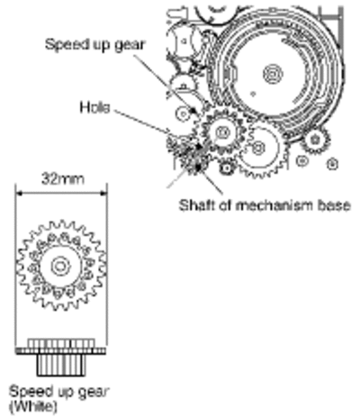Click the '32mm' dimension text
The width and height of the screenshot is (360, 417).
coord(63,179)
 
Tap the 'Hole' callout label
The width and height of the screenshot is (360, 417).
coord(94,107)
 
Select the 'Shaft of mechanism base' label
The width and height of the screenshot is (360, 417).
coord(265,205)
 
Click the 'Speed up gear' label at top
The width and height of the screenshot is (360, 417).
coord(94,45)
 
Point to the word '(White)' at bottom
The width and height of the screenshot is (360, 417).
coord(33,406)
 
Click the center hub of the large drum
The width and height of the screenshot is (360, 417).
coord(273,74)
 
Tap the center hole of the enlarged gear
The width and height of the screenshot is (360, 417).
coord(60,266)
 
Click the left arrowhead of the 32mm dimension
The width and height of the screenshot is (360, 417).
coord(19,194)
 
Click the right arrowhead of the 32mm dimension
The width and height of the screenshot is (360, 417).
coord(103,194)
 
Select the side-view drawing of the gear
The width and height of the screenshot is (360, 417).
coord(61,358)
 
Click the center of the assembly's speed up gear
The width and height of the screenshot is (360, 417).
coord(223,131)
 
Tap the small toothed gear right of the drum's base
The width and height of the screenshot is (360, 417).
coord(315,140)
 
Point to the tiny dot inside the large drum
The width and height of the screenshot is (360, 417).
coord(253,94)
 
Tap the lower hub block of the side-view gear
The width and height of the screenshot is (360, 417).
coord(61,366)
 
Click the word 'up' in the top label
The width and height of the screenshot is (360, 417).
coord(101,46)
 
